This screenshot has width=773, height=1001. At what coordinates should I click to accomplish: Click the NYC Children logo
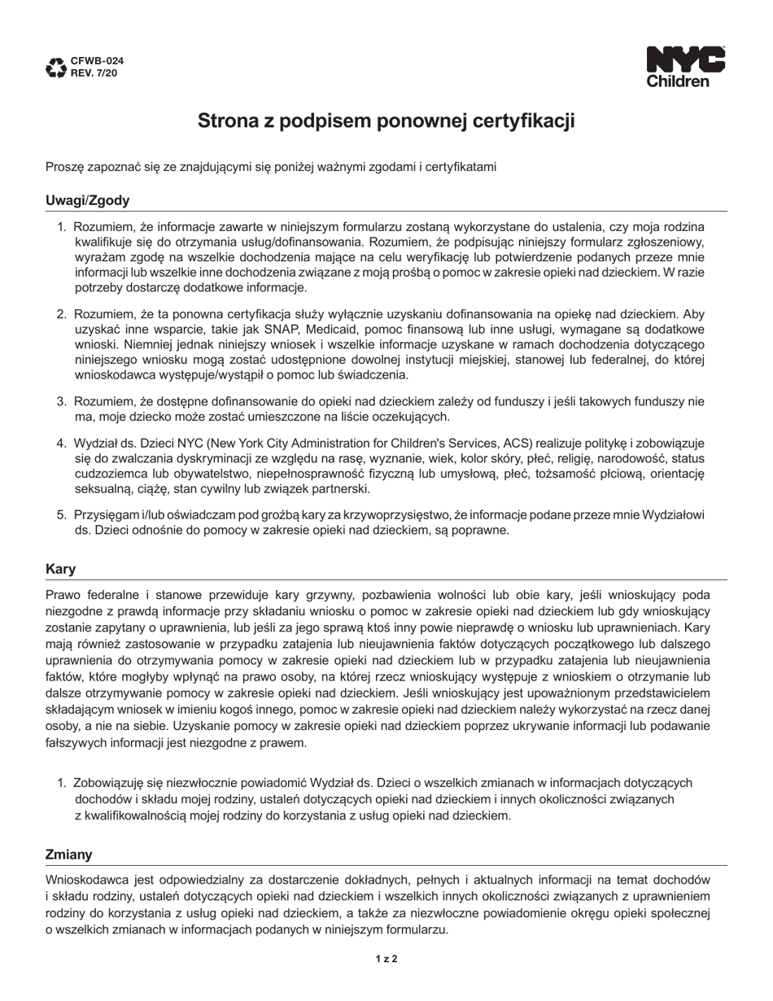(685, 67)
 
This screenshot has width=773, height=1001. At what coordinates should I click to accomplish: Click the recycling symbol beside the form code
(56, 68)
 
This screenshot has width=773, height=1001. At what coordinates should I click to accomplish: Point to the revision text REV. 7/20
(94, 73)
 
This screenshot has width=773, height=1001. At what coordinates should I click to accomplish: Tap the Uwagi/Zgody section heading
(87, 200)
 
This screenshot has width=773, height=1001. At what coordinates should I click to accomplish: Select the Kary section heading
(60, 569)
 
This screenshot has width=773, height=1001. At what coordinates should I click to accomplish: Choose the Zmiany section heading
(68, 855)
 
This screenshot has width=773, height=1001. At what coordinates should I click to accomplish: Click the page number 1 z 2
(386, 959)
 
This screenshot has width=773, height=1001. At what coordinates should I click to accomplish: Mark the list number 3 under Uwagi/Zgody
(61, 401)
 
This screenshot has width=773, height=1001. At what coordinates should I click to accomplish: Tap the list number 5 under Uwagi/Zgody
(61, 514)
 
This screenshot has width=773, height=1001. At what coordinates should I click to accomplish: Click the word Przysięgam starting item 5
(105, 514)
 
